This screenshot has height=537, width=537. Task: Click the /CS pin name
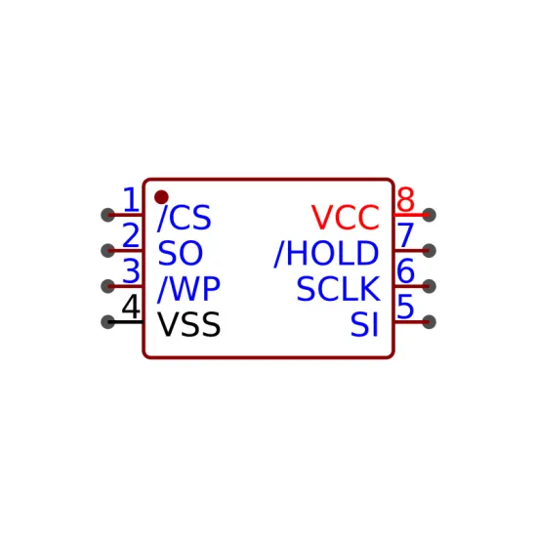tap(185, 218)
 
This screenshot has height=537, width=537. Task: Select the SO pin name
tap(181, 253)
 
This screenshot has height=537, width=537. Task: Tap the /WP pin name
tap(188, 289)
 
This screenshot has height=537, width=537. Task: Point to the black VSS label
tap(189, 324)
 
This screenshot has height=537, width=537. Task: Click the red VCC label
tap(346, 218)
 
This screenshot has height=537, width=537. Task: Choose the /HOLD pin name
tap(326, 254)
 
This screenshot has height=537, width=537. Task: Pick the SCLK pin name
tap(339, 289)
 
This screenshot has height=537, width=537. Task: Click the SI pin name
tap(364, 324)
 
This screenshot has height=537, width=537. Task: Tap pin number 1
tap(131, 199)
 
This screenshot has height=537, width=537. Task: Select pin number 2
tap(131, 235)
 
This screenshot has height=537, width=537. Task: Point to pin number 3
tap(131, 270)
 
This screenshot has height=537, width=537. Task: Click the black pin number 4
tap(131, 307)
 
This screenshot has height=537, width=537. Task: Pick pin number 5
tap(406, 307)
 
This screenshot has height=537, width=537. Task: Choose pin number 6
tap(406, 270)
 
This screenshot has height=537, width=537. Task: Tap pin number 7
tap(406, 235)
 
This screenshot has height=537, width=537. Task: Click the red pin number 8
tap(406, 199)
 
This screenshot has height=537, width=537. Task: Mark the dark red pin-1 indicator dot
tap(161, 197)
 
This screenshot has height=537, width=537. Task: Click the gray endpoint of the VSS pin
tap(107, 322)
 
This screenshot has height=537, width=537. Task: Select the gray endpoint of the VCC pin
tap(430, 215)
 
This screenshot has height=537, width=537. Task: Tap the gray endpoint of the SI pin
tap(430, 322)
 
